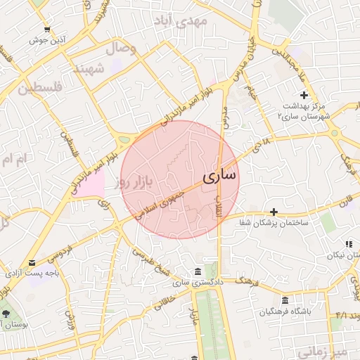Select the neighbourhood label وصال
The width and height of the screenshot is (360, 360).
[x=121, y=49]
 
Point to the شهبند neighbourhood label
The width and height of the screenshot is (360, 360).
[x=89, y=69]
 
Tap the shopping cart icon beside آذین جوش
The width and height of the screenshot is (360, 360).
[x=47, y=30]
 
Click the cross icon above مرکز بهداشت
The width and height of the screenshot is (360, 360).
[x=304, y=95]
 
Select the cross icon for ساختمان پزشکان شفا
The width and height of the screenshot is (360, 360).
[x=274, y=212]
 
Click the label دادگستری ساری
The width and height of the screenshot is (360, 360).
[x=198, y=283]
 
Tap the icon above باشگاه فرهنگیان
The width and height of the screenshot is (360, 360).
[x=285, y=300]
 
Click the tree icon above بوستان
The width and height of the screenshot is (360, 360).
[x=6, y=314]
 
